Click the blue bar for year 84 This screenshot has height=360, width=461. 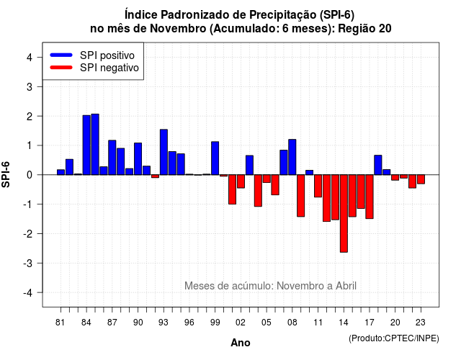pyautogui.click(x=86, y=145)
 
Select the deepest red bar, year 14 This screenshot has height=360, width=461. pyautogui.click(x=344, y=213)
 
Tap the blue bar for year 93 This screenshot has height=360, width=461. pyautogui.click(x=164, y=152)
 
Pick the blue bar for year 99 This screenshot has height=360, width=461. pyautogui.click(x=215, y=158)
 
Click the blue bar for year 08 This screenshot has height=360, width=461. pyautogui.click(x=292, y=157)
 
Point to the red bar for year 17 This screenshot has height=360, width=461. pyautogui.click(x=370, y=197)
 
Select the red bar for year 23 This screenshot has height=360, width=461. pyautogui.click(x=421, y=179)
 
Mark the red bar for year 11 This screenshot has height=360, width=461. pyautogui.click(x=318, y=186)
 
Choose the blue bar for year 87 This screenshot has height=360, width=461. pyautogui.click(x=112, y=158)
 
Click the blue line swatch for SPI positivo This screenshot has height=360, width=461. pyautogui.click(x=61, y=55)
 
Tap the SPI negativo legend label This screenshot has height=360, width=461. pyautogui.click(x=109, y=68)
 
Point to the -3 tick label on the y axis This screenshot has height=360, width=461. pyautogui.click(x=28, y=264)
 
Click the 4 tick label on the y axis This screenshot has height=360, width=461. pyautogui.click(x=30, y=58)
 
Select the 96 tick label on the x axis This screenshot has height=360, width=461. pyautogui.click(x=189, y=323)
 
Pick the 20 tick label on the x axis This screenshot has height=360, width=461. pyautogui.click(x=395, y=323)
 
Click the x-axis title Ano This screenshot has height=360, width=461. pyautogui.click(x=241, y=343)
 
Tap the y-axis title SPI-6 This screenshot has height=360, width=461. pyautogui.click(x=6, y=174)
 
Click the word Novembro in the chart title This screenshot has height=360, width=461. pyautogui.click(x=178, y=29)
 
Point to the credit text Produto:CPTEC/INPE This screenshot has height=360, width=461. pyautogui.click(x=394, y=338)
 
